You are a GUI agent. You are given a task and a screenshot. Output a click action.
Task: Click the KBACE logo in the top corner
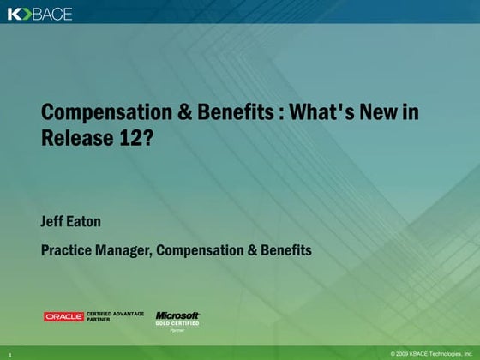[40, 14]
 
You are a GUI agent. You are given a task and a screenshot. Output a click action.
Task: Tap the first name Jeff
[53, 222]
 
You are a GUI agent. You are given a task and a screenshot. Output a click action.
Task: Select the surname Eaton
[85, 222]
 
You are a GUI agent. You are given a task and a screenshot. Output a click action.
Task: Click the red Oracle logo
[64, 317]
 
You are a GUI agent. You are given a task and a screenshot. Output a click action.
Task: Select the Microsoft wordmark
[177, 315]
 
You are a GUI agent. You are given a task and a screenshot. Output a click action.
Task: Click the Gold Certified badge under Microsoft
[177, 323]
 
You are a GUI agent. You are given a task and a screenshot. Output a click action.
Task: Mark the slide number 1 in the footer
[9, 353]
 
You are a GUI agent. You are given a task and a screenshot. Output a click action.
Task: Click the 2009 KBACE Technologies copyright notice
[431, 353]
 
